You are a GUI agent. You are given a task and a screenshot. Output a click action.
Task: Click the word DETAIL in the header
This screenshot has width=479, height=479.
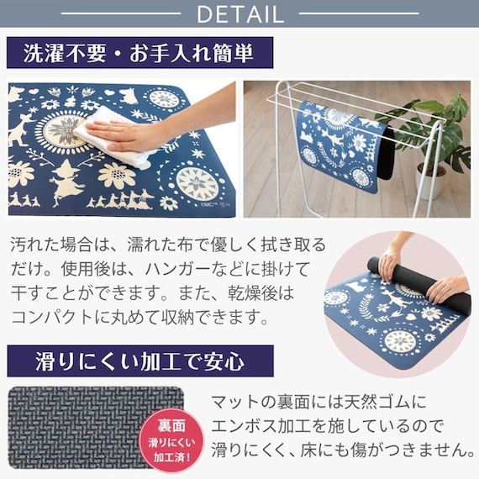click(239, 13)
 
